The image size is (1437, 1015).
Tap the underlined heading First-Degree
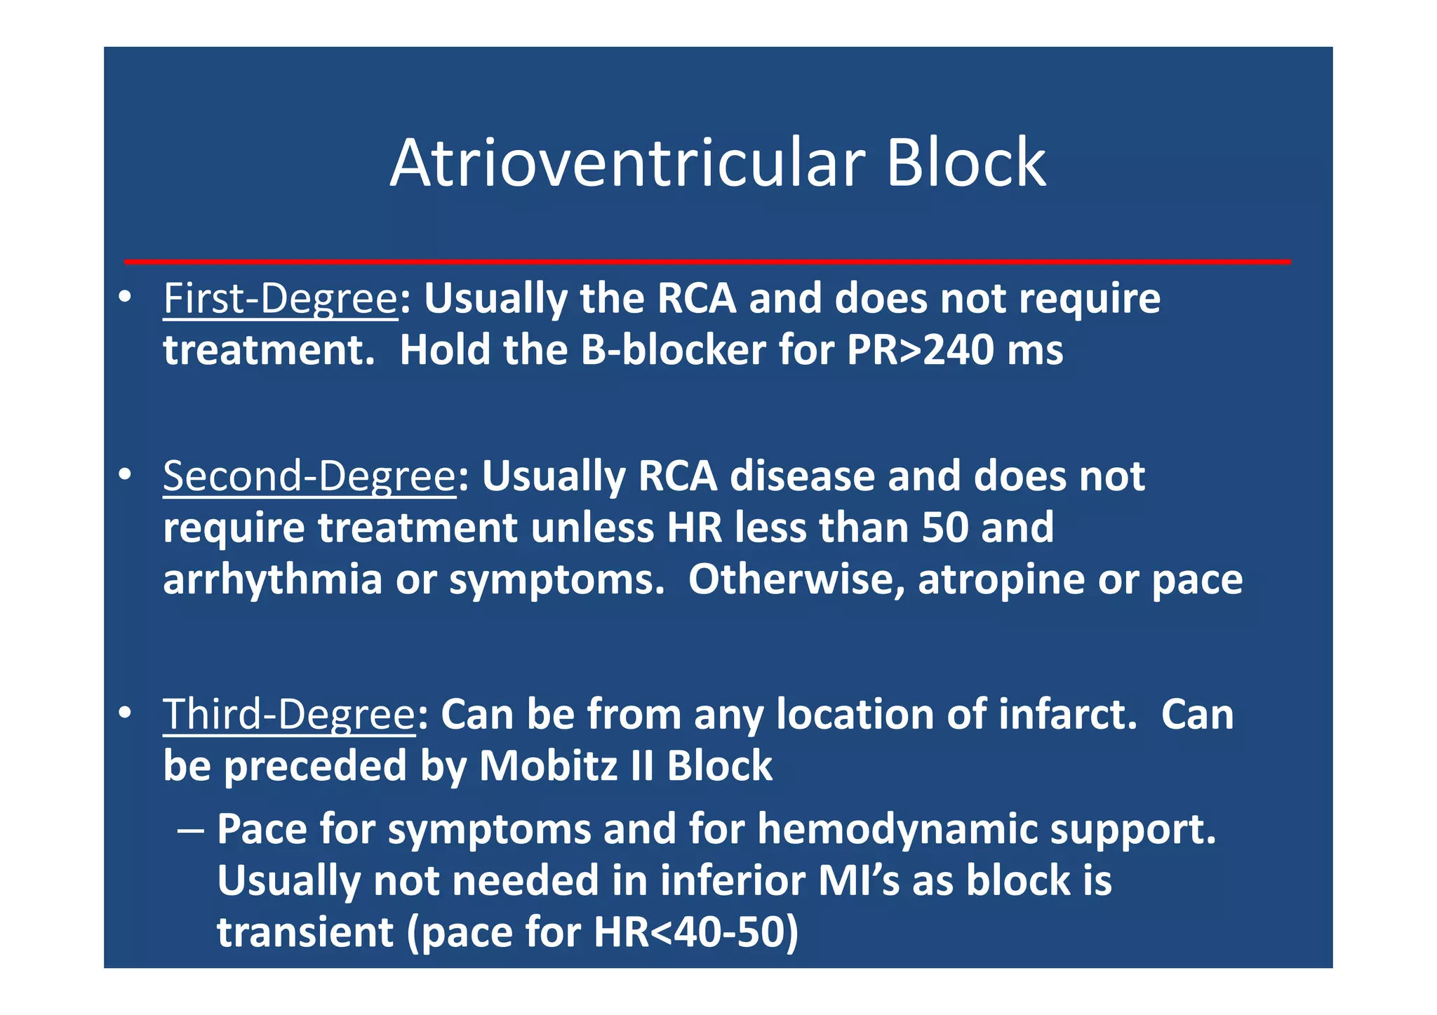click(280, 300)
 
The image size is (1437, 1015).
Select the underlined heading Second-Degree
click(309, 477)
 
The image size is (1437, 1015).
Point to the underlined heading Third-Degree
click(288, 715)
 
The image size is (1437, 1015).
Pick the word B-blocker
click(673, 350)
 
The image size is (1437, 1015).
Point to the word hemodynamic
click(897, 830)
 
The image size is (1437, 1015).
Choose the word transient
click(305, 933)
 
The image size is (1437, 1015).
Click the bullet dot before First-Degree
click(125, 297)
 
